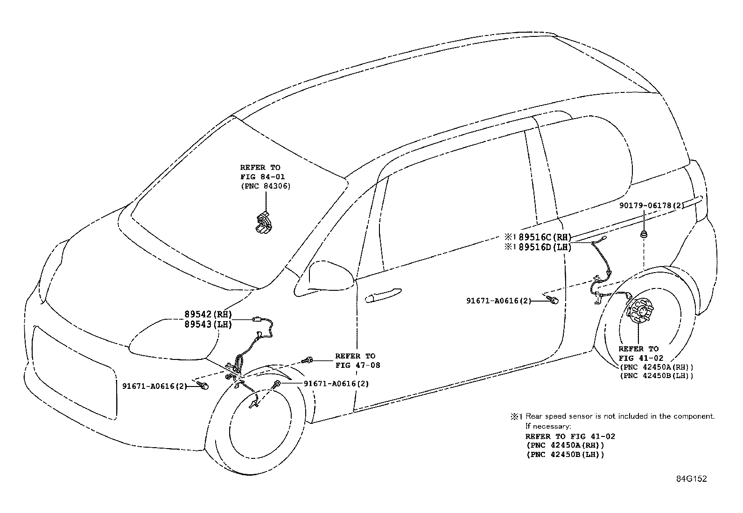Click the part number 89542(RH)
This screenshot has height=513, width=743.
point(208,314)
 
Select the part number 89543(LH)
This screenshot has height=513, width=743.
point(208,324)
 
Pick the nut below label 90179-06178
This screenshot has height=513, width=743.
point(644,234)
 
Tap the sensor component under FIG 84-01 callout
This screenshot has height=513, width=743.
point(263,223)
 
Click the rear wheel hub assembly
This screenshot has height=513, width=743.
point(641,311)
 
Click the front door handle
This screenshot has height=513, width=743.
point(383,295)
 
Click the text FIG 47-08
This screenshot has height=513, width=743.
point(357,365)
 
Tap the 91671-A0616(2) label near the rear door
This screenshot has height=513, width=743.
point(498,301)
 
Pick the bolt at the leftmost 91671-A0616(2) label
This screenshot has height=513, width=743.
point(203,385)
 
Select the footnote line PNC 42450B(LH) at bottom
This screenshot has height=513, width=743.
point(565,455)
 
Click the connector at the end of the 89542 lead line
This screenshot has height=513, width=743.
point(257,320)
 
